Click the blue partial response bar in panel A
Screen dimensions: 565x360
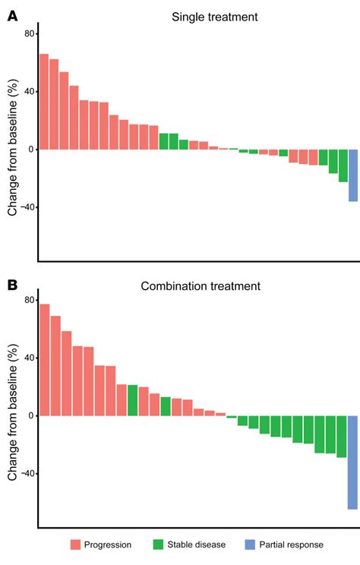pyautogui.click(x=353, y=175)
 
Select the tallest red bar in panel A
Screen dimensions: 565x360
pyautogui.click(x=44, y=102)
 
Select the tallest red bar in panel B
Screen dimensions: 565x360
pyautogui.click(x=45, y=360)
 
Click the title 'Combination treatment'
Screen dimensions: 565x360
pyautogui.click(x=201, y=286)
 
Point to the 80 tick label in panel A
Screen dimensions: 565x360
pyautogui.click(x=28, y=33)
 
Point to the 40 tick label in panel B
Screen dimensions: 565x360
pyautogui.click(x=28, y=358)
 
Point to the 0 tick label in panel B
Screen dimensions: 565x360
pyautogui.click(x=31, y=415)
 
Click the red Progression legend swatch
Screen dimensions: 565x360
pyautogui.click(x=76, y=544)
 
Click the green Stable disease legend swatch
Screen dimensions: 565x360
pyautogui.click(x=158, y=544)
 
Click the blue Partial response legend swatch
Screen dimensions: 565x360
pyautogui.click(x=250, y=544)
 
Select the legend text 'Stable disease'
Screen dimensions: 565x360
pyautogui.click(x=201, y=544)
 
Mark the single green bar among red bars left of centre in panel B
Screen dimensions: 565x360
pyautogui.click(x=132, y=400)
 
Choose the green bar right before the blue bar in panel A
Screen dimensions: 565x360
pyautogui.click(x=343, y=166)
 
